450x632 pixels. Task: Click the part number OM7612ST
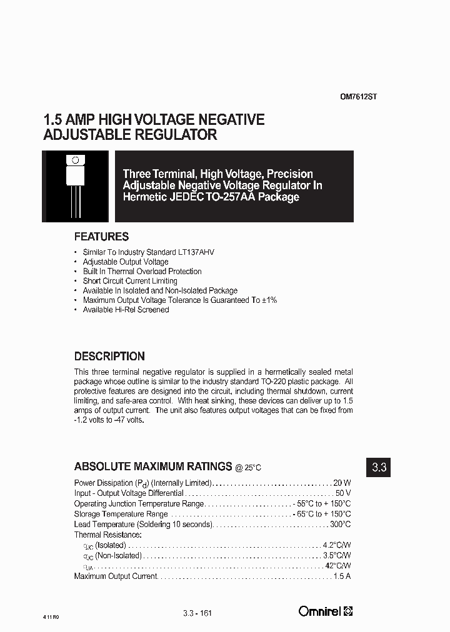(358, 97)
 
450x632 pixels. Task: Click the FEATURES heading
(101, 237)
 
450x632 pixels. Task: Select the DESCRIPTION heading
(109, 357)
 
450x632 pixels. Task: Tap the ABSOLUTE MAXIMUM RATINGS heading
(153, 467)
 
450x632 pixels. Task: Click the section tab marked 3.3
(379, 467)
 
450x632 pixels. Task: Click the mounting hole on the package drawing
(76, 160)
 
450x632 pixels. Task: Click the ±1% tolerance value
(269, 300)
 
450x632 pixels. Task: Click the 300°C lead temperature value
(340, 525)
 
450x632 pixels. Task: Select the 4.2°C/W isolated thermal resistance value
(337, 545)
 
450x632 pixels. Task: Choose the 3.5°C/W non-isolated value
(337, 555)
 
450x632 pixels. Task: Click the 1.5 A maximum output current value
(342, 576)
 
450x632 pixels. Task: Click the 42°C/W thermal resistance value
(339, 566)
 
